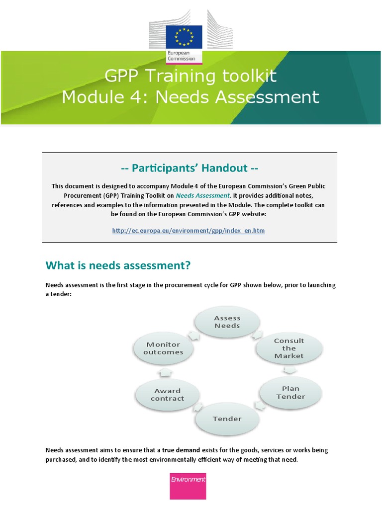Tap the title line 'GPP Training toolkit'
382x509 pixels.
click(x=191, y=77)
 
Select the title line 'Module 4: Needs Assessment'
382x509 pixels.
click(x=191, y=97)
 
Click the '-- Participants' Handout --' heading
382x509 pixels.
click(x=190, y=168)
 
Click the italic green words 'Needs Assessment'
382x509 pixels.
click(x=202, y=195)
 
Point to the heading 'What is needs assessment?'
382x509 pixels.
click(x=118, y=265)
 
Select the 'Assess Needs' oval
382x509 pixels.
click(x=227, y=322)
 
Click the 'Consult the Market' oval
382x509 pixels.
click(x=289, y=348)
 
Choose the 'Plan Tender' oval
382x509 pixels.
click(x=290, y=392)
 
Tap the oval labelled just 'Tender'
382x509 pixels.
click(x=227, y=419)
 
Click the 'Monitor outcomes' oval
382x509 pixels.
click(x=163, y=348)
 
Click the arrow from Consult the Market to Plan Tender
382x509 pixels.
click(x=290, y=370)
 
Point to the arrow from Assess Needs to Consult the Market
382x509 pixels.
click(x=257, y=335)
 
